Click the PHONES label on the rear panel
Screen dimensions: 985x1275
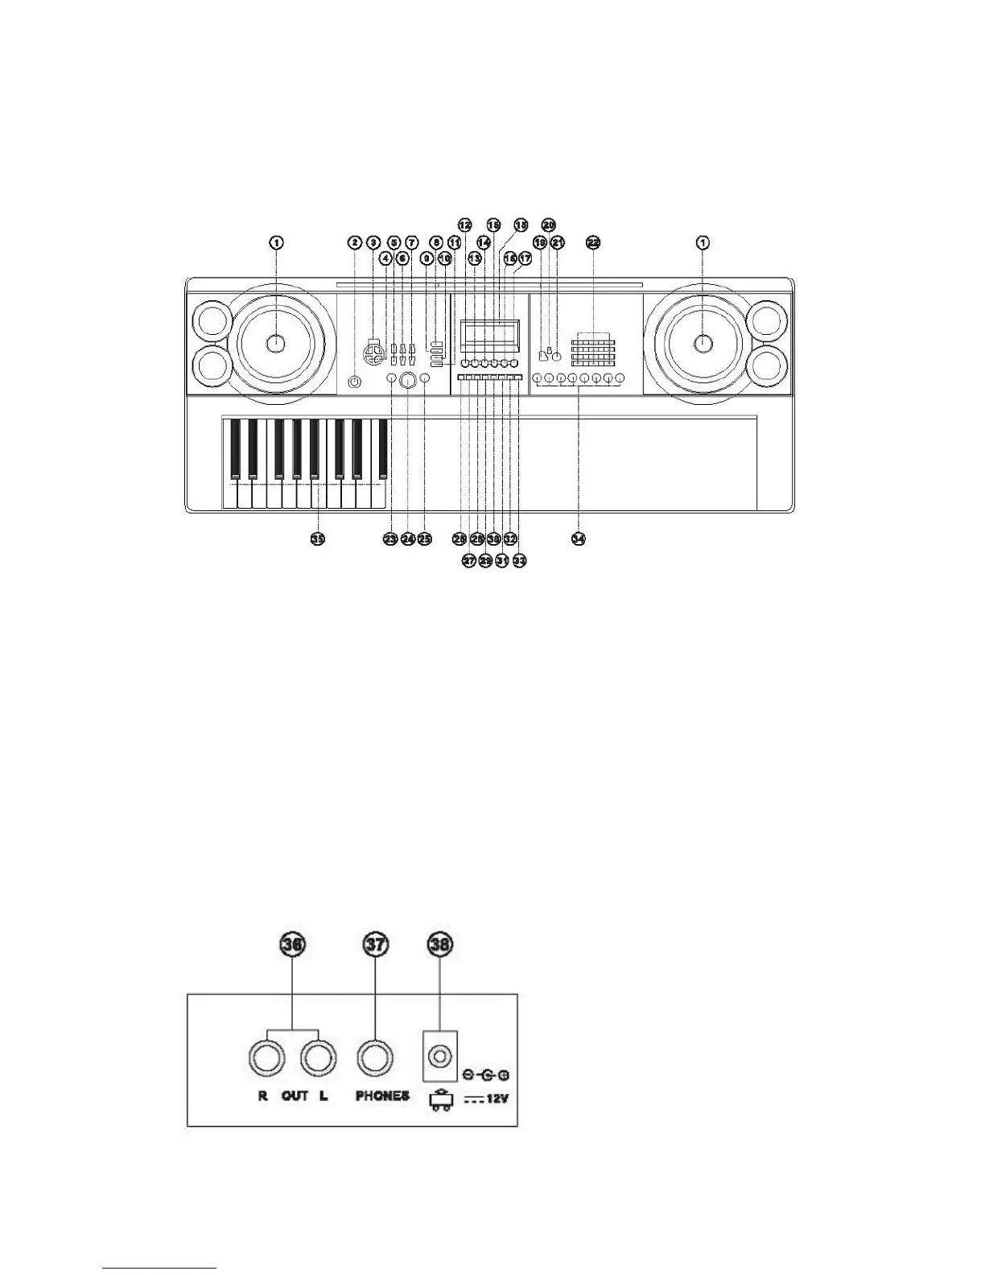coord(382,1096)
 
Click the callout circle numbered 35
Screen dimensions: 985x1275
coord(318,538)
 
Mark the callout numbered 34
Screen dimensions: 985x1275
coord(578,538)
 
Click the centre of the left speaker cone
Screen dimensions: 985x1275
coord(275,343)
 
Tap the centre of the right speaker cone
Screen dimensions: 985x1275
coord(703,343)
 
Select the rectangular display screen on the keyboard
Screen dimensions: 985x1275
coord(488,333)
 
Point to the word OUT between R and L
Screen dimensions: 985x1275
coord(295,1096)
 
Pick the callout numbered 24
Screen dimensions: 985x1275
coord(407,538)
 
